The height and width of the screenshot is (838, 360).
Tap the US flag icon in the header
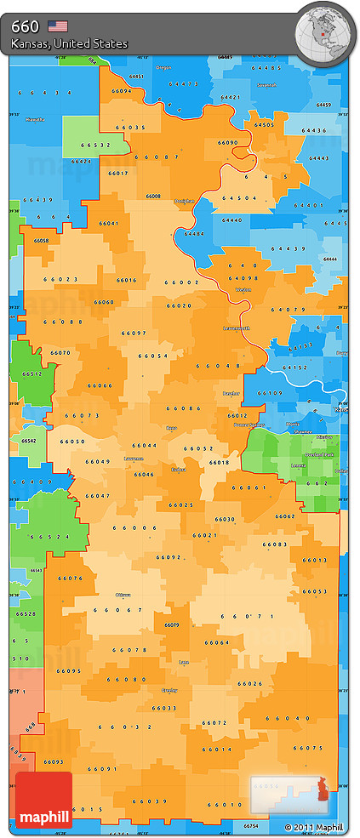(x=58, y=26)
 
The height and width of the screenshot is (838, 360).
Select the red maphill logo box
(x=43, y=800)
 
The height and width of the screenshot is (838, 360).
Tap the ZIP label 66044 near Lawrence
(x=144, y=446)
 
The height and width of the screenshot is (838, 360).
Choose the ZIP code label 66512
(x=31, y=373)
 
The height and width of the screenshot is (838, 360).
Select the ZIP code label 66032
(x=118, y=727)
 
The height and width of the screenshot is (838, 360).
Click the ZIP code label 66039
(x=151, y=801)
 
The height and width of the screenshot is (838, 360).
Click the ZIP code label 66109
(x=271, y=393)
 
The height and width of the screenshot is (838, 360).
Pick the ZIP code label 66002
(x=181, y=282)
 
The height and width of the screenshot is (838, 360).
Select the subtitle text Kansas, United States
(x=70, y=43)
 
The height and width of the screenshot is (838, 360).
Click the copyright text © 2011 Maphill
(x=314, y=827)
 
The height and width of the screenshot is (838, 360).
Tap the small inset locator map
(x=289, y=794)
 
